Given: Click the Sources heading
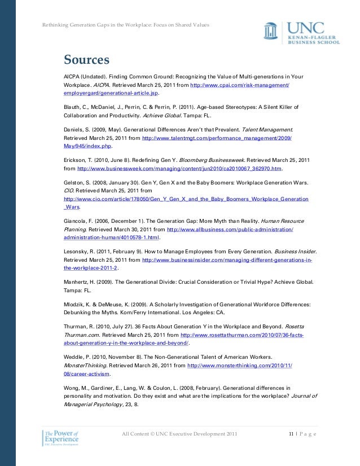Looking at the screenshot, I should point(86,60).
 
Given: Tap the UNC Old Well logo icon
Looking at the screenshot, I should point(271,32).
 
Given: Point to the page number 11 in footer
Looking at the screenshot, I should point(291,433).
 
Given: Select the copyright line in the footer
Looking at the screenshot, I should point(180,433).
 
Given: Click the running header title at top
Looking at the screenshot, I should point(126,25).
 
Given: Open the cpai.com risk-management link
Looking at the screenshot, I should point(240,85).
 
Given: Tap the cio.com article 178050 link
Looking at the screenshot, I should point(186,199).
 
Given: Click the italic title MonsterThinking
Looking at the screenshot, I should point(84,366).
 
